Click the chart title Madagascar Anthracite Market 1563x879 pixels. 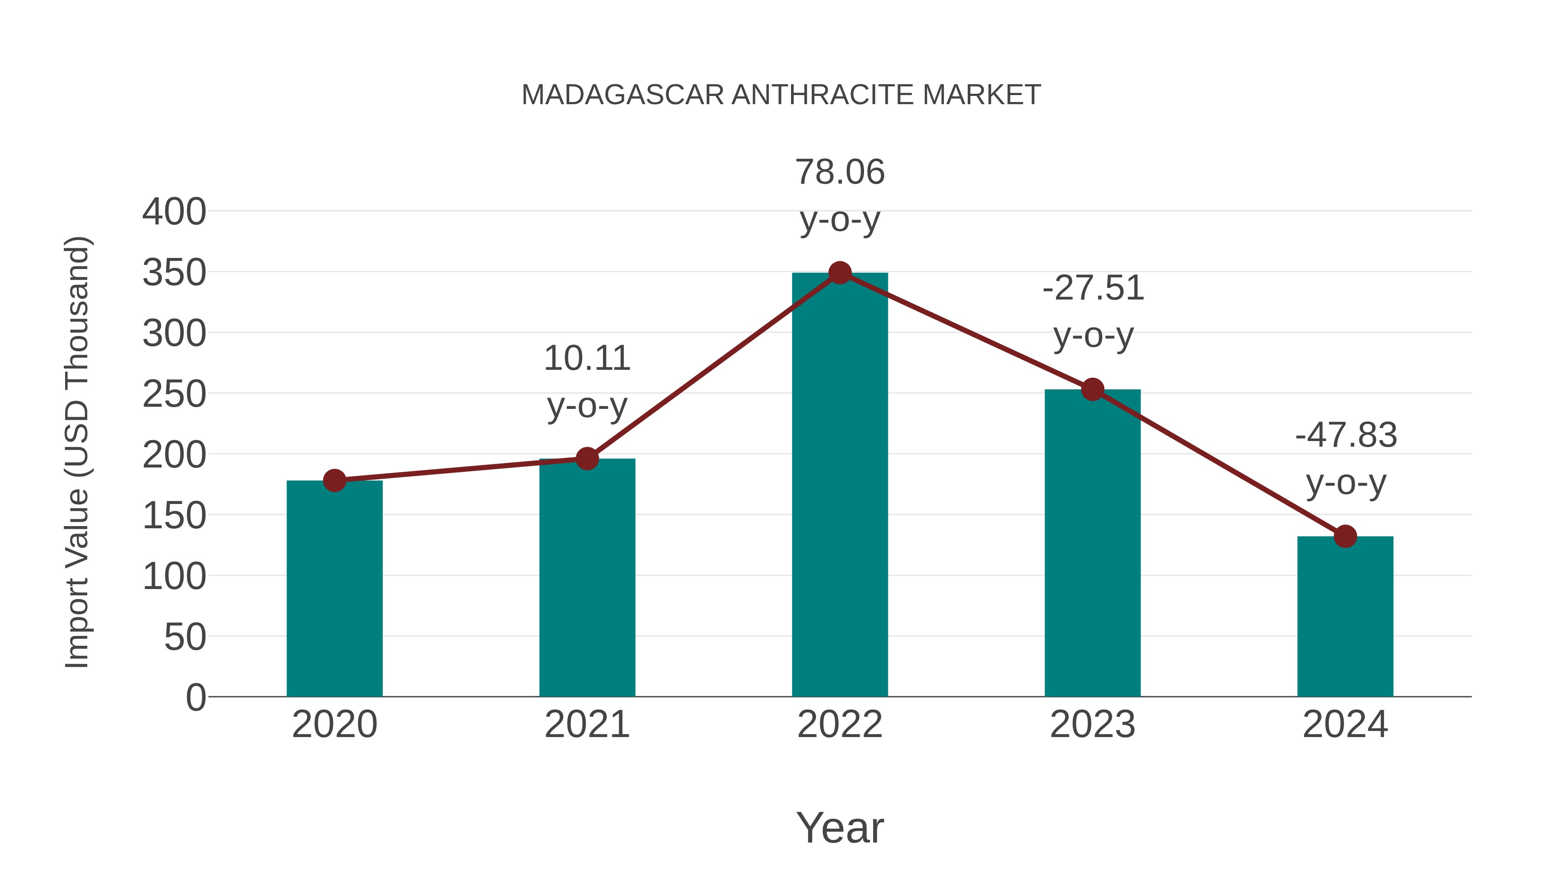point(781,95)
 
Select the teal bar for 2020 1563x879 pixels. point(334,589)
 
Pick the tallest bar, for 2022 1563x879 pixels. point(840,485)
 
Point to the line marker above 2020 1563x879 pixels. point(334,481)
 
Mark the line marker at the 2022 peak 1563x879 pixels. point(840,273)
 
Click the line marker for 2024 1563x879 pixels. point(1345,536)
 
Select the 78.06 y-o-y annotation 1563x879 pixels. point(840,195)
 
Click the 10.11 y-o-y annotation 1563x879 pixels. point(587,382)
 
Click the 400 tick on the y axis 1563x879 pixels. point(174,212)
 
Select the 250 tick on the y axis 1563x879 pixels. point(174,394)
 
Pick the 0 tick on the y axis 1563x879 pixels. point(196,697)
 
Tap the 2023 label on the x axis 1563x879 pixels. point(1092,724)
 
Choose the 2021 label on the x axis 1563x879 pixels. point(587,724)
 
